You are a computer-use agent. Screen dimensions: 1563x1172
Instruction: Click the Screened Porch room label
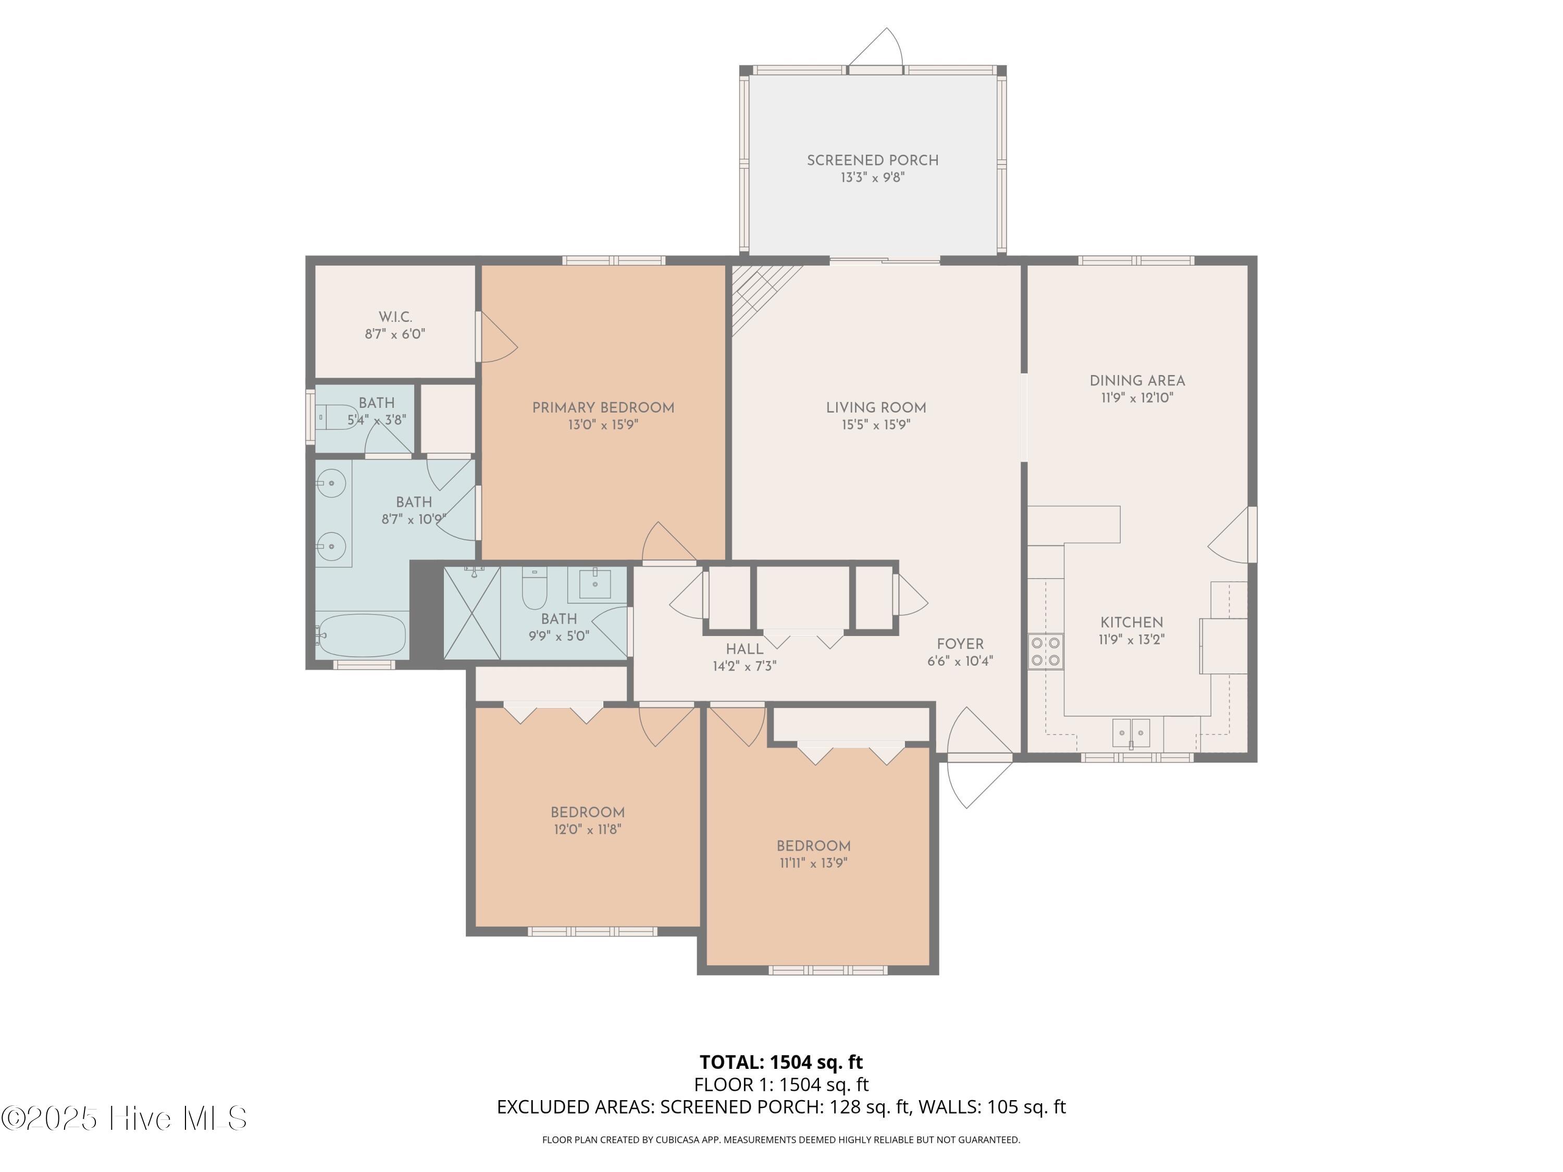873,160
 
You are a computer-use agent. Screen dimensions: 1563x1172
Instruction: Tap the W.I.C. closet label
395,317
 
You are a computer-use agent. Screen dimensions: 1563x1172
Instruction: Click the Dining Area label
1137,381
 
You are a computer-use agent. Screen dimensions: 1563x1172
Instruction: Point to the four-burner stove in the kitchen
1046,651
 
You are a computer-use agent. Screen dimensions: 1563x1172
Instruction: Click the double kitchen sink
1131,732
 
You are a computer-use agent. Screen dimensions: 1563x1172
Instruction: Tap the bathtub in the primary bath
361,635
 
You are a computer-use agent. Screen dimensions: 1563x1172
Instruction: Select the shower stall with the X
472,613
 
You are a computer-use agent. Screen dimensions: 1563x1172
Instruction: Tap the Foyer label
960,644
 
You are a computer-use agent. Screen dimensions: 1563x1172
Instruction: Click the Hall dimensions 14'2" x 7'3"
745,666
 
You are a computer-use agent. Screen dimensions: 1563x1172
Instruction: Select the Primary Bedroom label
603,408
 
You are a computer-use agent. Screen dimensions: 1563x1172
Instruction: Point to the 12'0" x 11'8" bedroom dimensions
587,829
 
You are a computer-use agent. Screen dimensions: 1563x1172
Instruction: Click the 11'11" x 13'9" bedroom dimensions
813,863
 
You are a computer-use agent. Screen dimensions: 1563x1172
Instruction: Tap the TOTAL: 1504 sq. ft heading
781,1062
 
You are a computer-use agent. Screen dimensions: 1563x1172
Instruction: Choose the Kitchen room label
1131,622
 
